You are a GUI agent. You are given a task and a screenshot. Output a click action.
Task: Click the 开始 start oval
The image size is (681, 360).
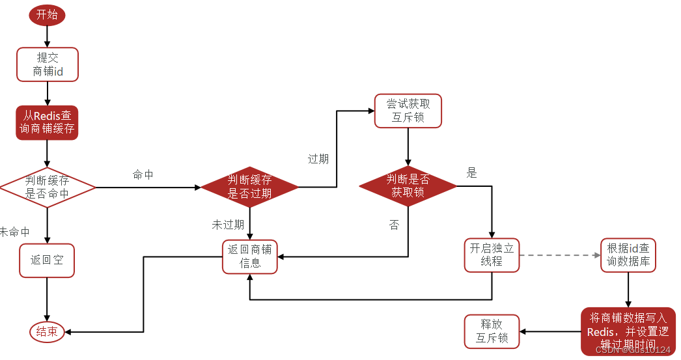[x=47, y=15]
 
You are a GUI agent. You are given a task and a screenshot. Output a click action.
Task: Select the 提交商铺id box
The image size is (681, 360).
[x=47, y=64]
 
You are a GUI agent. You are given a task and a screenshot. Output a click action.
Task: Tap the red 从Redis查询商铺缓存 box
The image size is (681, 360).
[x=47, y=122]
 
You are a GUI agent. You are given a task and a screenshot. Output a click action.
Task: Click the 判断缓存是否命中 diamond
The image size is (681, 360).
[x=47, y=187]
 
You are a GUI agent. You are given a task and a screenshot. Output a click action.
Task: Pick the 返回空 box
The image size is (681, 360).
[x=47, y=260]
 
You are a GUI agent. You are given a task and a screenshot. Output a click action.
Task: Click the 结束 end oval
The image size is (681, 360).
[x=47, y=332]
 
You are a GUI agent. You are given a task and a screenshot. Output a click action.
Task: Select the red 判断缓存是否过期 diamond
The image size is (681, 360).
[x=250, y=187]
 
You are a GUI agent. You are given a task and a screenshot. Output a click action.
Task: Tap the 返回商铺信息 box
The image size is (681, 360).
[x=250, y=256]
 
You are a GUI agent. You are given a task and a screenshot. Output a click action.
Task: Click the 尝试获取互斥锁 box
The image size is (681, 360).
[x=408, y=111]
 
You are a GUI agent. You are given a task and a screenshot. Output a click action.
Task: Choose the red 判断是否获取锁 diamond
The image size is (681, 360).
[x=408, y=186]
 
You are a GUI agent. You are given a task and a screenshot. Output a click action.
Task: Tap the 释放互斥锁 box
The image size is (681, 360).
[x=492, y=331]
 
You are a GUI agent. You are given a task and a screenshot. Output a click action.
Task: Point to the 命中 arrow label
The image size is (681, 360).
[x=143, y=174]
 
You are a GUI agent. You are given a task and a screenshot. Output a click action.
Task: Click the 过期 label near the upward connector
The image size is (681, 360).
[x=318, y=159]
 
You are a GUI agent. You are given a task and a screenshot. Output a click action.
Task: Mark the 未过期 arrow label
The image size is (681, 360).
[x=228, y=225]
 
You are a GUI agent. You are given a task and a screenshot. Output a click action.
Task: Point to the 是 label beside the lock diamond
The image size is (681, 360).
[x=472, y=173]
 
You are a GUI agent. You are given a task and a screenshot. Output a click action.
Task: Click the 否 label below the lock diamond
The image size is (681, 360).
[x=394, y=225]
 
